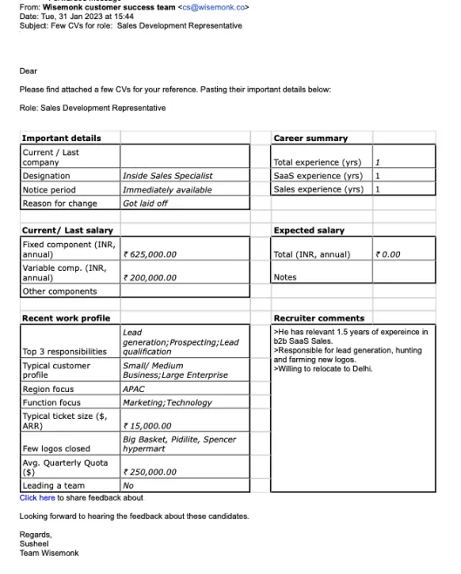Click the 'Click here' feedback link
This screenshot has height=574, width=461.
[37, 497]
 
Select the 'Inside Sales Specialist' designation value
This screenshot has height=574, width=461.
[167, 175]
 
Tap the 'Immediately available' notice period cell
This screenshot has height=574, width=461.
[166, 189]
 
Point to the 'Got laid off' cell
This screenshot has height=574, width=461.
[145, 203]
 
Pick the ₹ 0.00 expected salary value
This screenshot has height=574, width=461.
[388, 254]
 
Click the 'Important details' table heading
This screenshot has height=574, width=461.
[61, 138]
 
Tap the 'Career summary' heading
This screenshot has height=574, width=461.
[310, 138]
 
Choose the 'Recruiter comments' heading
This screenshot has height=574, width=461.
[319, 318]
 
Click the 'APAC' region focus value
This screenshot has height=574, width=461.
[133, 389]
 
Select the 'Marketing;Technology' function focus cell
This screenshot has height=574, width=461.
[166, 402]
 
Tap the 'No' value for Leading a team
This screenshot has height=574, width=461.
[128, 485]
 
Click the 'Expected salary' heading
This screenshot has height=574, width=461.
[308, 230]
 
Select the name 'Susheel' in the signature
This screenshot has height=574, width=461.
[35, 543]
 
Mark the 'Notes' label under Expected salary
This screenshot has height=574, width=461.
[285, 277]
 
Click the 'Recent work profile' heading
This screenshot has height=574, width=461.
[65, 318]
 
